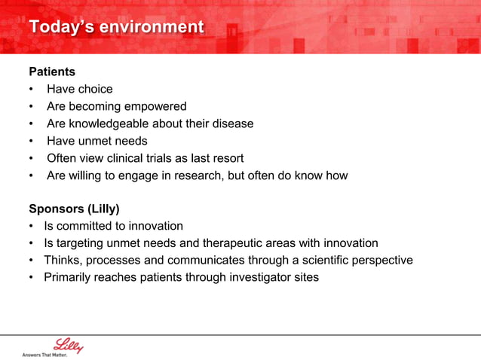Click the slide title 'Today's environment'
point(116,27)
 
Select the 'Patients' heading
point(52,72)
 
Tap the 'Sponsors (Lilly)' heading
point(74,209)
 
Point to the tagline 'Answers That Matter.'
point(44,354)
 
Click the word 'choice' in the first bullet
point(95,89)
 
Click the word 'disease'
point(232,124)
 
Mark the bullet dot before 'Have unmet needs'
point(32,142)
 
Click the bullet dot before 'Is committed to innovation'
point(32,227)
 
